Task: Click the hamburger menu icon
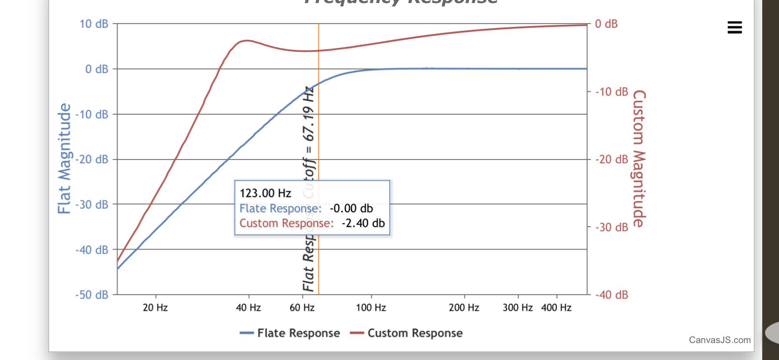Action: point(734,27)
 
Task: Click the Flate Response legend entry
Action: point(290,333)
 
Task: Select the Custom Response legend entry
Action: point(406,333)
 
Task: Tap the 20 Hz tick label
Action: point(155,308)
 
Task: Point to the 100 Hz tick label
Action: point(371,308)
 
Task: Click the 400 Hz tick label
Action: point(556,308)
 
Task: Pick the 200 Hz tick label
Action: point(464,308)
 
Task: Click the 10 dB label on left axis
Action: point(93,24)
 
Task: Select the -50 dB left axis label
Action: point(92,295)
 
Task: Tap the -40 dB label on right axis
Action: point(611,295)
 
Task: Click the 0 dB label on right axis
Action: point(606,24)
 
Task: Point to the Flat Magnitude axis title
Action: point(64,159)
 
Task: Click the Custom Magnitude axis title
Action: point(638,159)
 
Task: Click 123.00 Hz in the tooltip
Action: point(265,193)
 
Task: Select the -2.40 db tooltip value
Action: point(363,223)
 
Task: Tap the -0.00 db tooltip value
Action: point(351,208)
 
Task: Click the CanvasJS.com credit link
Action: point(719,340)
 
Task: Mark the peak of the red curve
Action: point(246,40)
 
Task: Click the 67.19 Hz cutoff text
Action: point(308,114)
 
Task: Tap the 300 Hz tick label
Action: point(517,308)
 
